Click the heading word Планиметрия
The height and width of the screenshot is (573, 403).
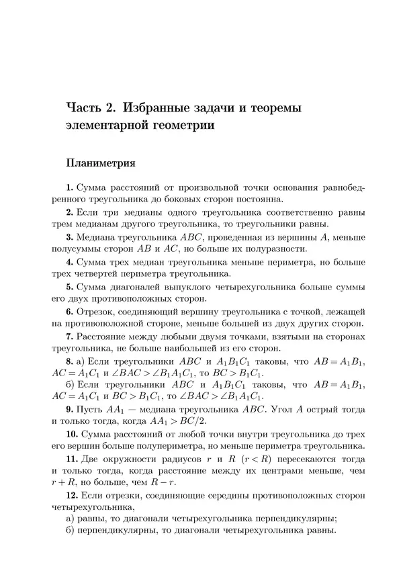tap(100, 163)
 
